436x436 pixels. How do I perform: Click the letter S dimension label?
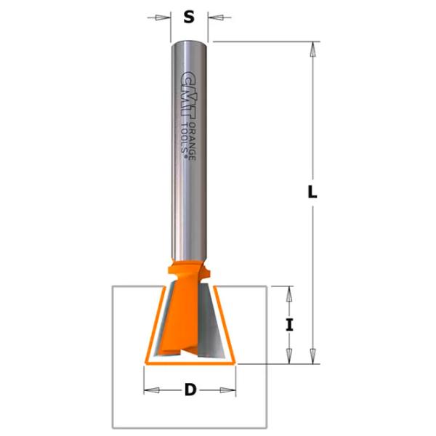click(x=189, y=17)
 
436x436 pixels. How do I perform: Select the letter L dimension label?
click(x=312, y=192)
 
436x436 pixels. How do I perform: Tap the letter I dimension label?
click(x=289, y=325)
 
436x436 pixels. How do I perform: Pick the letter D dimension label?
click(x=190, y=389)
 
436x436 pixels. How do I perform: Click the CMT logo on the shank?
click(x=188, y=96)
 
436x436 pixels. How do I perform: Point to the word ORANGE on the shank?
click(x=192, y=141)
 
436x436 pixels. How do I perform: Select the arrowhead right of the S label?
click(x=216, y=17)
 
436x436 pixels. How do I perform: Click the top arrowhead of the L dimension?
click(x=312, y=49)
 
